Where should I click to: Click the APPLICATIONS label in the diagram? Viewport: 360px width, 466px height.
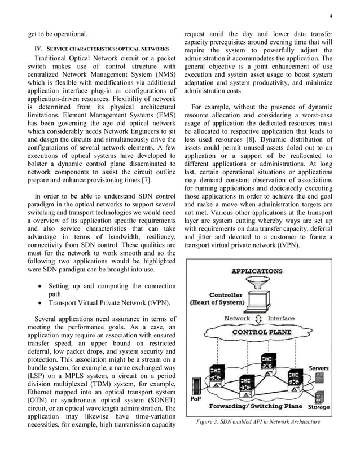(257, 271)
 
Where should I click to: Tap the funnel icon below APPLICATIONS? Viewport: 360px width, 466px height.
(257, 283)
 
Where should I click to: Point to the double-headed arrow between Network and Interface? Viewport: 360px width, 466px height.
(259, 319)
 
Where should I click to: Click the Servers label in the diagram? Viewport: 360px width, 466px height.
(319, 368)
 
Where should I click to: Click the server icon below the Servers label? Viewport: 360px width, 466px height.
(317, 379)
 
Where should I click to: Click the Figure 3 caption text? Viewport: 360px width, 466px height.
(258, 421)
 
